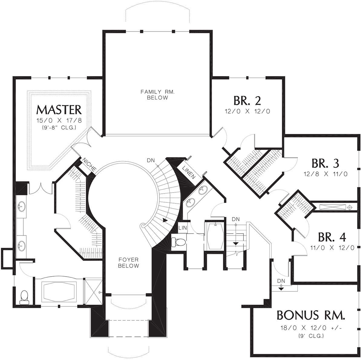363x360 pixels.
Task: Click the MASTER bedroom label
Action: pyautogui.click(x=59, y=110)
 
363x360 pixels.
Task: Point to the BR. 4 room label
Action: pyautogui.click(x=332, y=237)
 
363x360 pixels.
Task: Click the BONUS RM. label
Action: pyautogui.click(x=311, y=315)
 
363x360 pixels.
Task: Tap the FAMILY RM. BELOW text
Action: pyautogui.click(x=158, y=95)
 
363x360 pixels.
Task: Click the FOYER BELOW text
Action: pyautogui.click(x=129, y=263)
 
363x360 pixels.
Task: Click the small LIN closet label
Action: pyautogui.click(x=182, y=228)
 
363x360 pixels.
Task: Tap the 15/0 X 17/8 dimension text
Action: pyautogui.click(x=59, y=121)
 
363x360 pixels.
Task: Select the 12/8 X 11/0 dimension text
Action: pyautogui.click(x=325, y=174)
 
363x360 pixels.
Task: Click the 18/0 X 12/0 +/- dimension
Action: pyautogui.click(x=311, y=328)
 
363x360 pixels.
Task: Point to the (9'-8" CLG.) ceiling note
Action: pyautogui.click(x=59, y=128)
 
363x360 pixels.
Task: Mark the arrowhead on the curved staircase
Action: pyautogui.click(x=165, y=220)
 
